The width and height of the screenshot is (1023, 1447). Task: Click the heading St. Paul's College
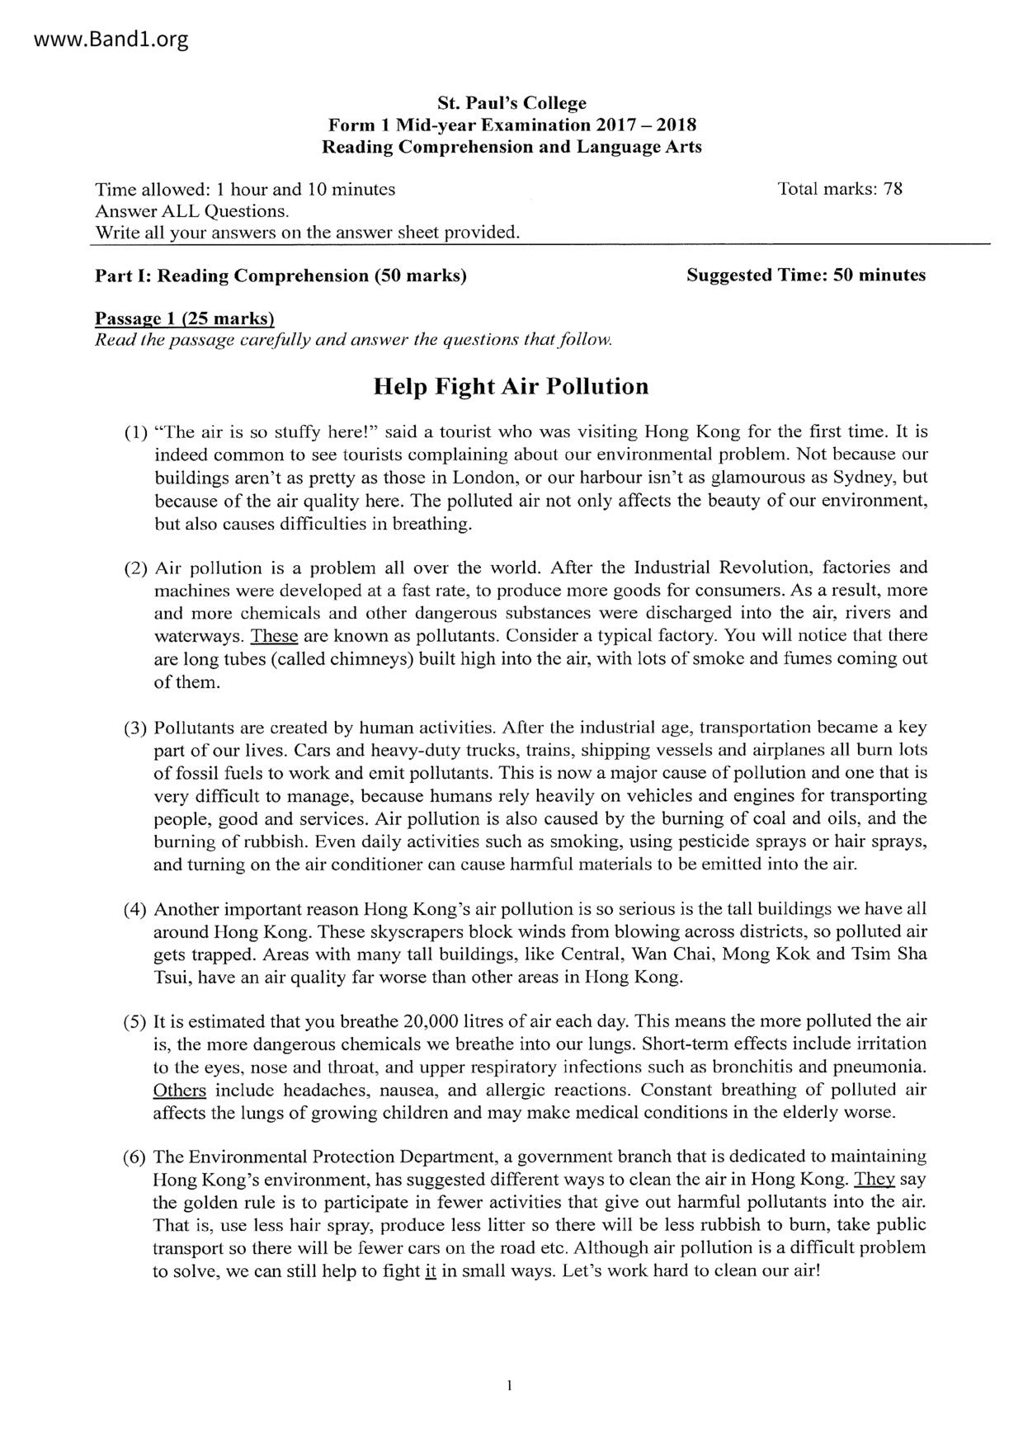click(511, 103)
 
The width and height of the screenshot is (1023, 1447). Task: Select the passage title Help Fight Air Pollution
click(511, 386)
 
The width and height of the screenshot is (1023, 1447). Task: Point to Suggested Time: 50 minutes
click(806, 275)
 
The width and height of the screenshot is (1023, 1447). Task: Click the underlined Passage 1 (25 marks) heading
click(184, 318)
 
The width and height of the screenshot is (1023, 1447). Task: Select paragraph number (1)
click(135, 431)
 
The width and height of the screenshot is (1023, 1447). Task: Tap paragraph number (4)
click(135, 910)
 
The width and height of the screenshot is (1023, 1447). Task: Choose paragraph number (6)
click(135, 1157)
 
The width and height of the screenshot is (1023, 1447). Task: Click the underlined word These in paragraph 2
click(274, 636)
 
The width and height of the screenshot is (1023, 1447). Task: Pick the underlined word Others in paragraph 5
click(179, 1090)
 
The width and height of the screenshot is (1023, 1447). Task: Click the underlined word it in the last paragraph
click(430, 1270)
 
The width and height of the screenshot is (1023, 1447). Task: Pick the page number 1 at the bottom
click(511, 1386)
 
